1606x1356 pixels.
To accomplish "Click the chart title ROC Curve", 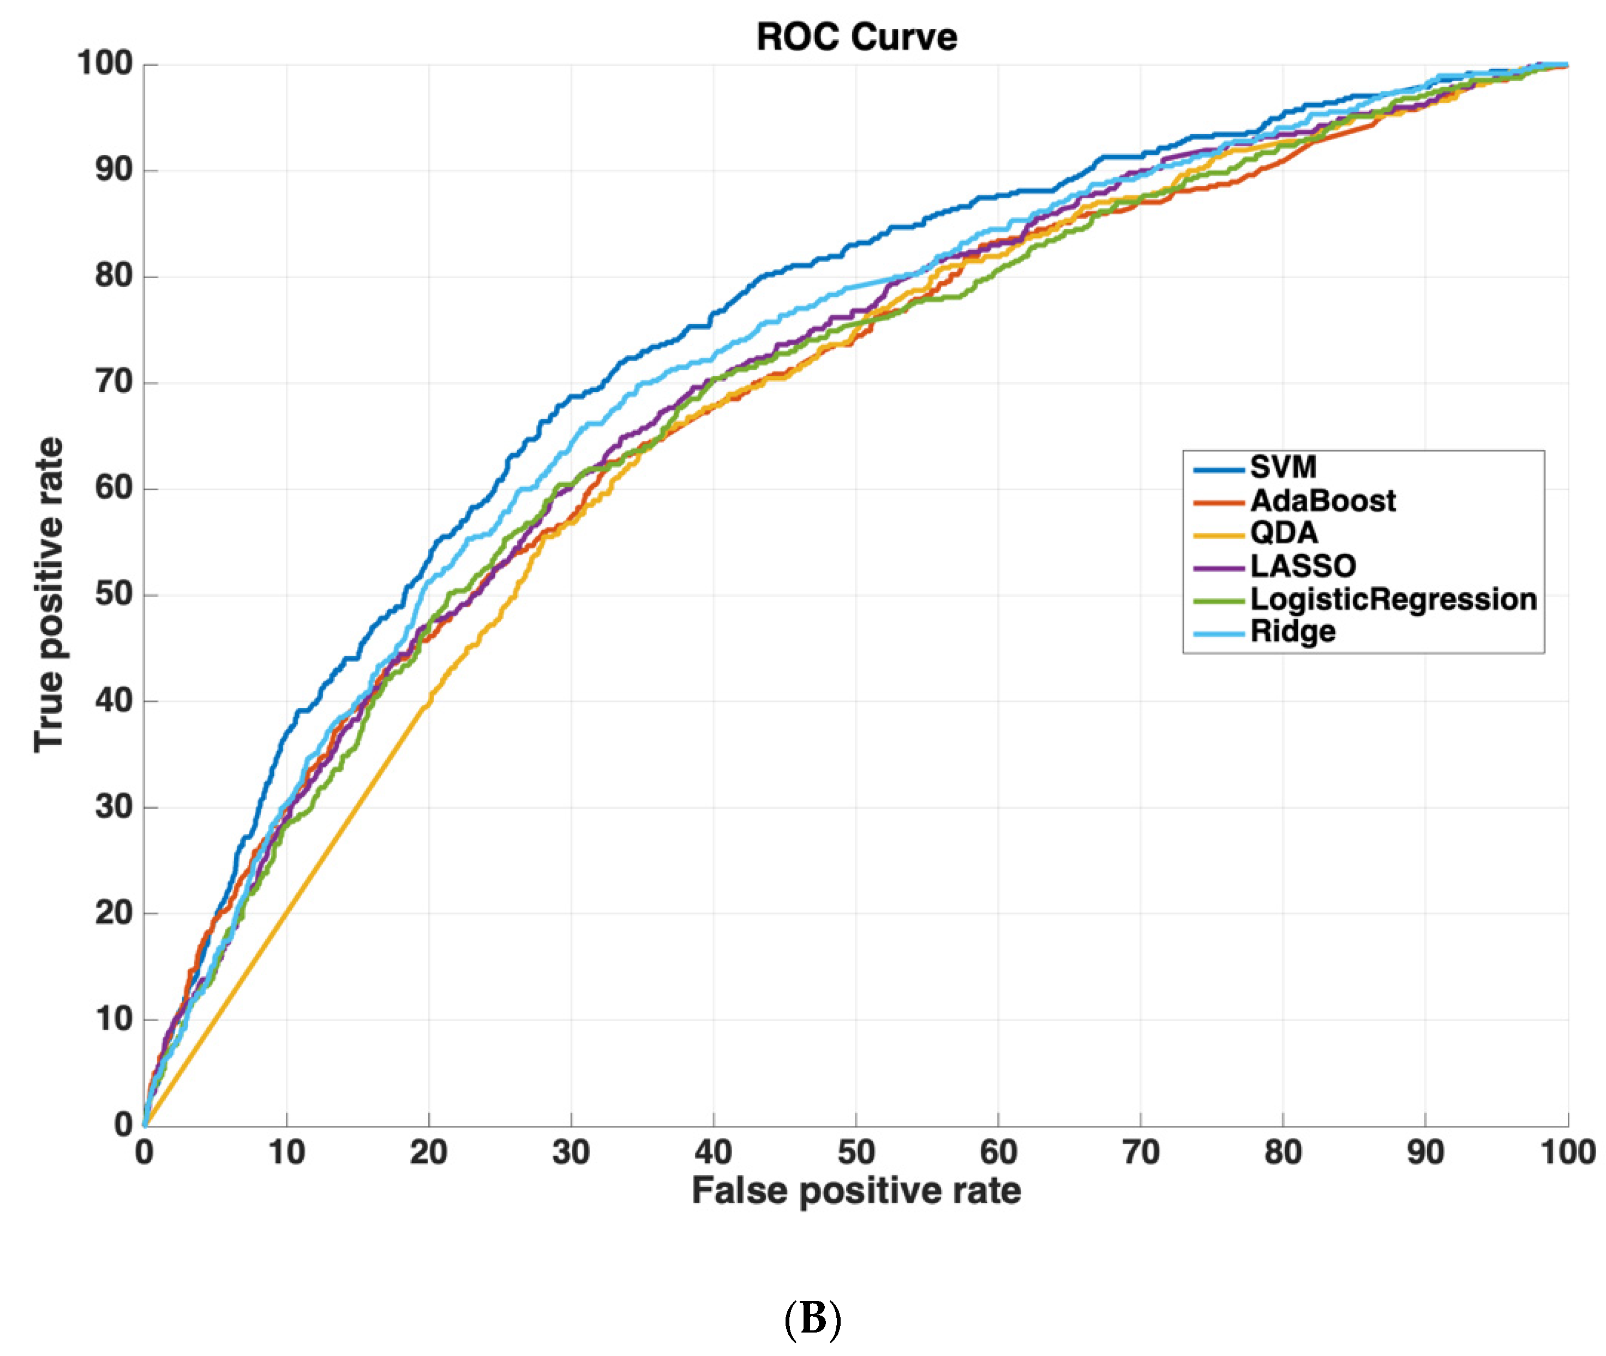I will coord(856,37).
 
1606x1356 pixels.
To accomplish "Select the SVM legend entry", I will coord(1283,466).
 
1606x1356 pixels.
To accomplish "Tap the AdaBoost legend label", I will coord(1322,500).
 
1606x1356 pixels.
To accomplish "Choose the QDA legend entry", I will coord(1283,533).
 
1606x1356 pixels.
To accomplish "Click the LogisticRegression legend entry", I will coord(1392,599).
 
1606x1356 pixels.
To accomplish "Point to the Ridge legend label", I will coord(1292,631).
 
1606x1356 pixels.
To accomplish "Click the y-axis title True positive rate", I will coord(49,594).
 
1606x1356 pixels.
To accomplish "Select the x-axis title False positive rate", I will coord(856,1191).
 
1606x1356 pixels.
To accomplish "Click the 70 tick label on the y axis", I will coord(114,381).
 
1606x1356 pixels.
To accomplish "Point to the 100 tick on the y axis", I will coord(105,63).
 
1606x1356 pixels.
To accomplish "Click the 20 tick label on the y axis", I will coord(114,913).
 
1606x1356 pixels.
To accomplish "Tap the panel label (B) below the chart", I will coord(812,1318).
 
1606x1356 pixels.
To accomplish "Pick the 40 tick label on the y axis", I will coord(114,700).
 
